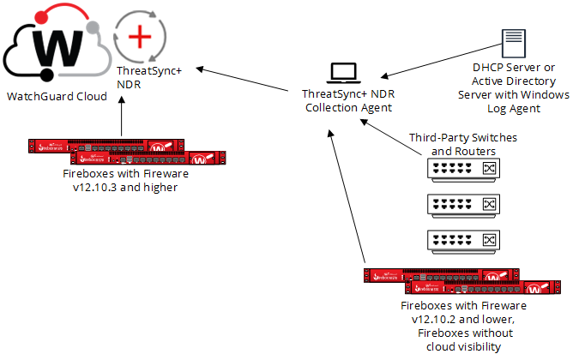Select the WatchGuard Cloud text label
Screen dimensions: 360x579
(x=57, y=97)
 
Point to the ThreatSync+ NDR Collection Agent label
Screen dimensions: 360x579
(x=347, y=100)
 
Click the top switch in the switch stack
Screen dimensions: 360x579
(x=462, y=170)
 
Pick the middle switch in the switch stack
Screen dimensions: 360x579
(x=462, y=204)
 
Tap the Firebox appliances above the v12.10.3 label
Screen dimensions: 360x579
(x=125, y=152)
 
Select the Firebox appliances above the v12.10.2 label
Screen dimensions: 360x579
(x=463, y=281)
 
